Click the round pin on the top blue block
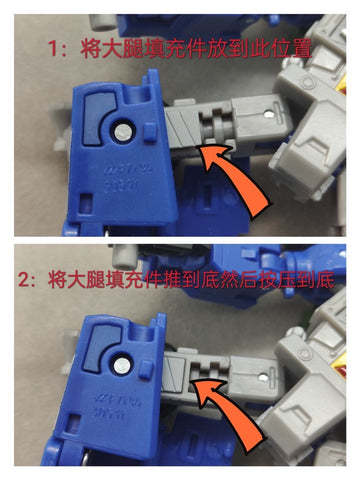pyautogui.click(x=119, y=130)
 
